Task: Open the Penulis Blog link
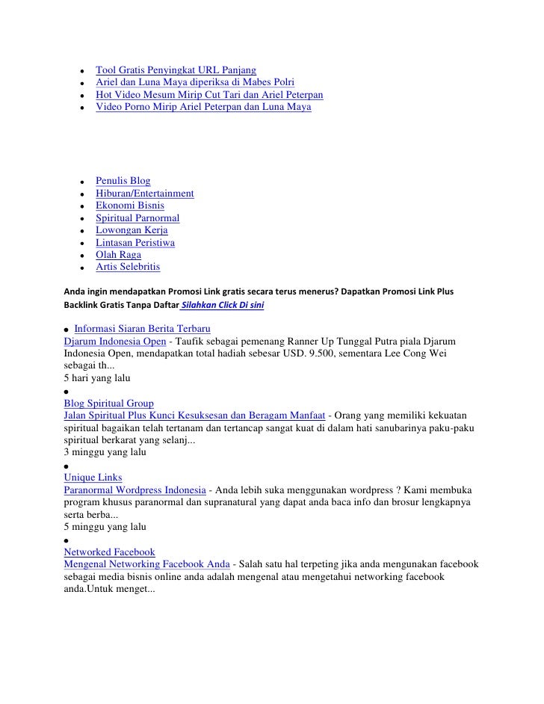[123, 181]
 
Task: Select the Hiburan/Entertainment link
[144, 194]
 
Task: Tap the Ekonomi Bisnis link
[130, 206]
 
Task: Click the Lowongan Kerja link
[132, 230]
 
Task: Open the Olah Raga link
[118, 255]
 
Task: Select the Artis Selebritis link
[128, 267]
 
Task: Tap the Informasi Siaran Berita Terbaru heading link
[142, 329]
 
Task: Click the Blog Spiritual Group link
[109, 404]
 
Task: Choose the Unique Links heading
[93, 477]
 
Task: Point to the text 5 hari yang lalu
[97, 378]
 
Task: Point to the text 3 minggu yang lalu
[105, 452]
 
